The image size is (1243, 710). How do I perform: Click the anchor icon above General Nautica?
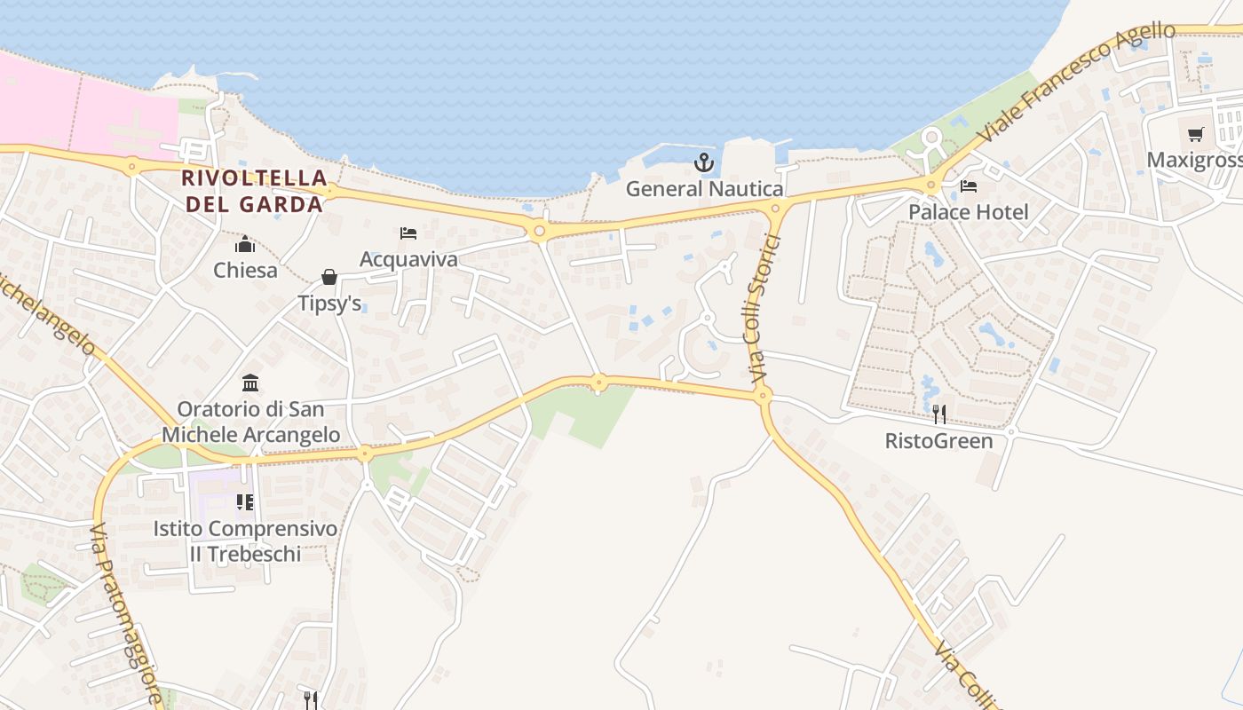[x=704, y=162]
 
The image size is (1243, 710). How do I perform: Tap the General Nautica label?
[x=704, y=189]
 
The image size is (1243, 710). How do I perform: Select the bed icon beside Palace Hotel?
[x=969, y=186]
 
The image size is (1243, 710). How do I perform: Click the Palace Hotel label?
[x=968, y=212]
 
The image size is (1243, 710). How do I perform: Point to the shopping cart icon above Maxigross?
[x=1196, y=135]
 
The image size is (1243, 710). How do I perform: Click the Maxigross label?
[x=1194, y=161]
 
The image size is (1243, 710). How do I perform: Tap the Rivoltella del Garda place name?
[x=253, y=191]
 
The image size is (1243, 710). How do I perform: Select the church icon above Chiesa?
[x=245, y=244]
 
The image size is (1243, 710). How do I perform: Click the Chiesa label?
[x=245, y=271]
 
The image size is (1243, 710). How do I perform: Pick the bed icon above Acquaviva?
[x=408, y=233]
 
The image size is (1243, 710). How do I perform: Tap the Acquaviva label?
[x=408, y=259]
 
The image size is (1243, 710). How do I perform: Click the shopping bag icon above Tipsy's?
[x=329, y=278]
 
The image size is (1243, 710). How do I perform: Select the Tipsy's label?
[x=329, y=304]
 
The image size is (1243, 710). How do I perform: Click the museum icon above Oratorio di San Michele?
[x=250, y=383]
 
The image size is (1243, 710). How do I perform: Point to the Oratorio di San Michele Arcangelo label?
[x=250, y=422]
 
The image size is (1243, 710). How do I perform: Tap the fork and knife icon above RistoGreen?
[x=939, y=414]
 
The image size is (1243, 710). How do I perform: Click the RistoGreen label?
[x=939, y=440]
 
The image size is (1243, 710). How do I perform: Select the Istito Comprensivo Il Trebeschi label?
[x=246, y=541]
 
